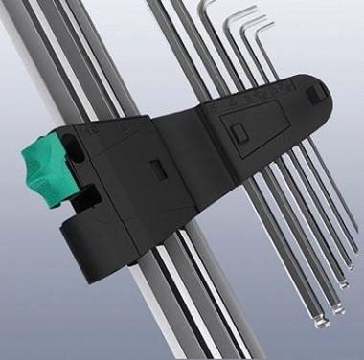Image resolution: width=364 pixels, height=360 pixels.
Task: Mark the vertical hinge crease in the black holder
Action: click(x=207, y=153)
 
